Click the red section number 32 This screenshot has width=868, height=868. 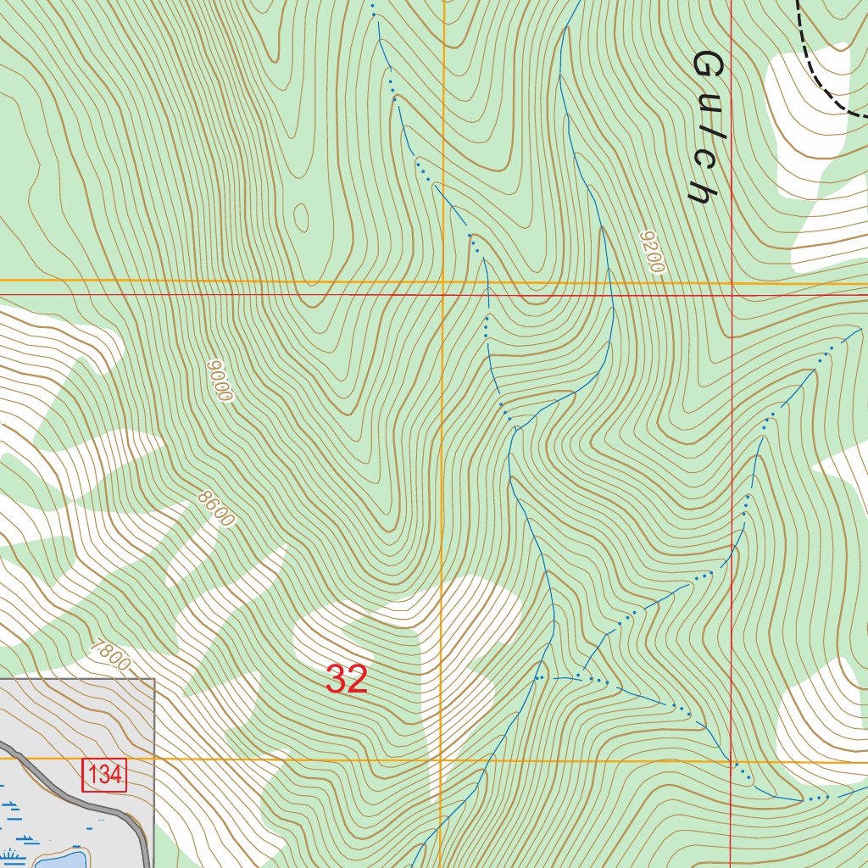point(347,680)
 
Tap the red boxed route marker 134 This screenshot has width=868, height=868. point(104,775)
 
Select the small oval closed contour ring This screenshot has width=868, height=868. point(301,216)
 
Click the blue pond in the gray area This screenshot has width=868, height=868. point(59,860)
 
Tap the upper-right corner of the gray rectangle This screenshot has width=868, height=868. point(154,679)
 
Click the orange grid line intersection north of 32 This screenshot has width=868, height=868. point(443,281)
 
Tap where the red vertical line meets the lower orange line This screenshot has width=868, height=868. point(732,761)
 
